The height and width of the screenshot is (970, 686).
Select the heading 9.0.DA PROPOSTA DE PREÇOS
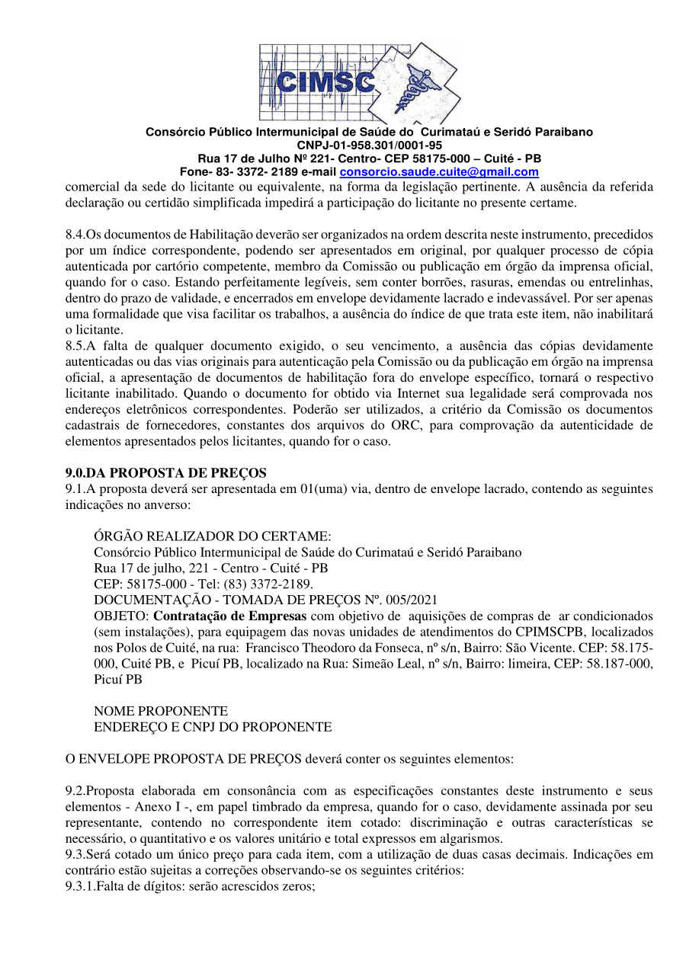166,474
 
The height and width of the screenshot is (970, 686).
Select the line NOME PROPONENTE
161,712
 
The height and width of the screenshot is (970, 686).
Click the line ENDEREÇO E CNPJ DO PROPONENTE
213,728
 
